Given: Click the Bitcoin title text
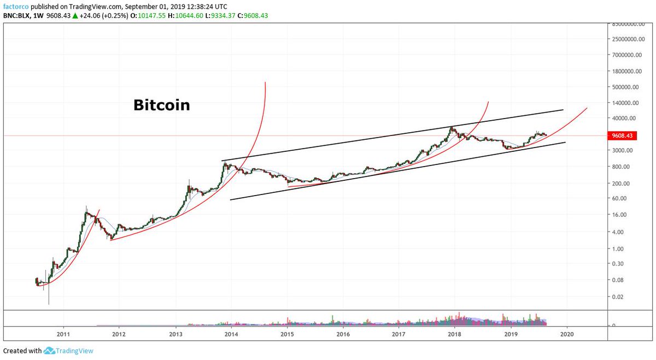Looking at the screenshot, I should [161, 105].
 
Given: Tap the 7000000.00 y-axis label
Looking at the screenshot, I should [626, 55].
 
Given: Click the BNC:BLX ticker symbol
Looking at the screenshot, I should [18, 15].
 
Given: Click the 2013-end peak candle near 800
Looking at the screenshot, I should [224, 163].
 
